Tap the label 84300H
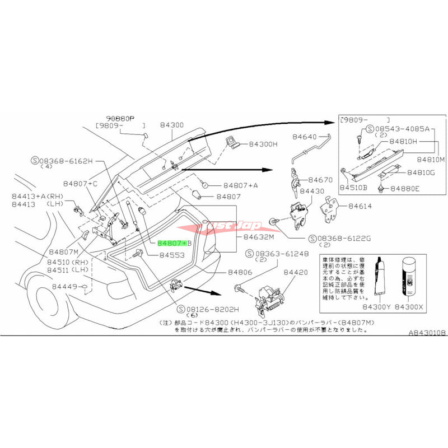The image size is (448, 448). coord(263,144)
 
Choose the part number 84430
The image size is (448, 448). coord(312,192)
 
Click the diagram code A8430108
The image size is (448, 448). coord(427,333)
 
